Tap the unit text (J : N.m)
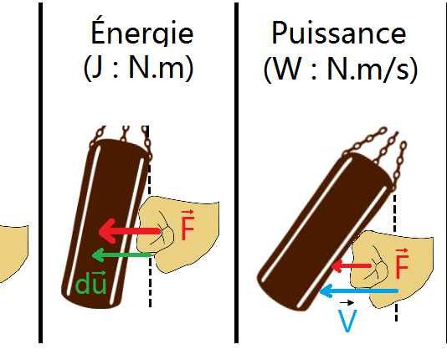pos(139,69)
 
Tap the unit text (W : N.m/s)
pos(341,70)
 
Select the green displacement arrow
pos(122,255)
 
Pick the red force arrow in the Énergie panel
pos(130,231)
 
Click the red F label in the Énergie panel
pos(188,224)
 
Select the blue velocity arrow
pos(359,291)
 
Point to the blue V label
pos(347,321)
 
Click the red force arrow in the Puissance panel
pos(351,266)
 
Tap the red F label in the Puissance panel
pos(402,264)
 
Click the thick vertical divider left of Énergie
pos(41,172)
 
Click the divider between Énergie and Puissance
pos(236,172)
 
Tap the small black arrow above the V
pos(347,303)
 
